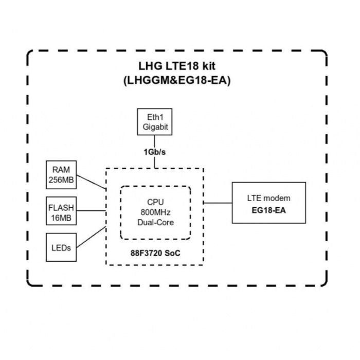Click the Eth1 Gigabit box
pyautogui.click(x=155, y=122)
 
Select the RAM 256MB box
pyautogui.click(x=61, y=174)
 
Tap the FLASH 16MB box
pyautogui.click(x=61, y=211)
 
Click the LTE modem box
pyautogui.click(x=269, y=202)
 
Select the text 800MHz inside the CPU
pyautogui.click(x=155, y=213)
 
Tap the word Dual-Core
pyautogui.click(x=155, y=222)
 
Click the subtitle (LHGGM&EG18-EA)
pyautogui.click(x=176, y=82)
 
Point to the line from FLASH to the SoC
pyautogui.click(x=91, y=210)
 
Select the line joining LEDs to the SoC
pyautogui.click(x=91, y=237)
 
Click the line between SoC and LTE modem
pyautogui.click(x=218, y=203)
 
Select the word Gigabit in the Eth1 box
pyautogui.click(x=155, y=127)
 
